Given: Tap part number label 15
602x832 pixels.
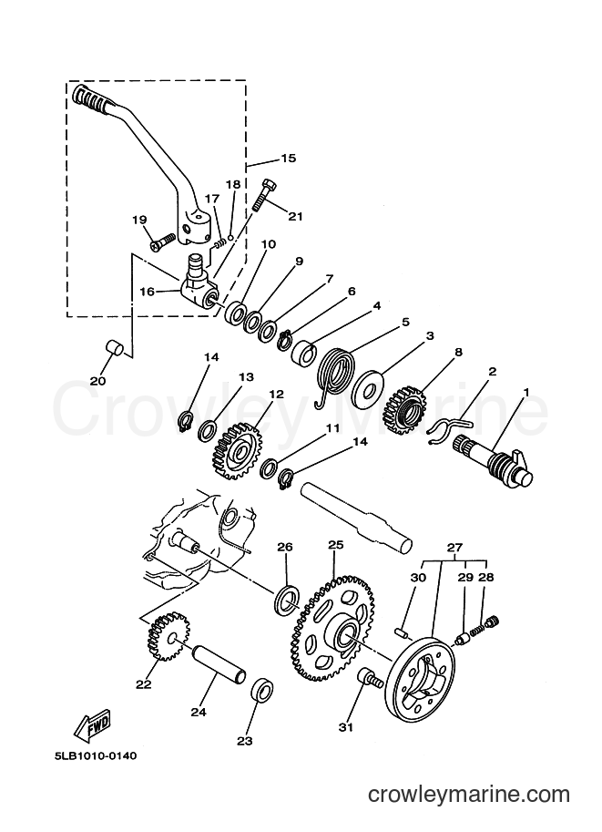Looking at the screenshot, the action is [288, 159].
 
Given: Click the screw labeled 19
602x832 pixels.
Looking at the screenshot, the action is [163, 241].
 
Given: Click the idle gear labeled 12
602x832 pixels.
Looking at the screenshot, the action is [238, 450].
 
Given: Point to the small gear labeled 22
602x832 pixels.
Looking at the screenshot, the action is [168, 636].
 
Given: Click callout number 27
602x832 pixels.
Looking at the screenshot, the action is [454, 547].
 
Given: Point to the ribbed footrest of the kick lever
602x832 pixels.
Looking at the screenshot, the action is [89, 97].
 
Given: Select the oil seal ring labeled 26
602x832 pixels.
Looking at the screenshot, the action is [286, 600].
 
